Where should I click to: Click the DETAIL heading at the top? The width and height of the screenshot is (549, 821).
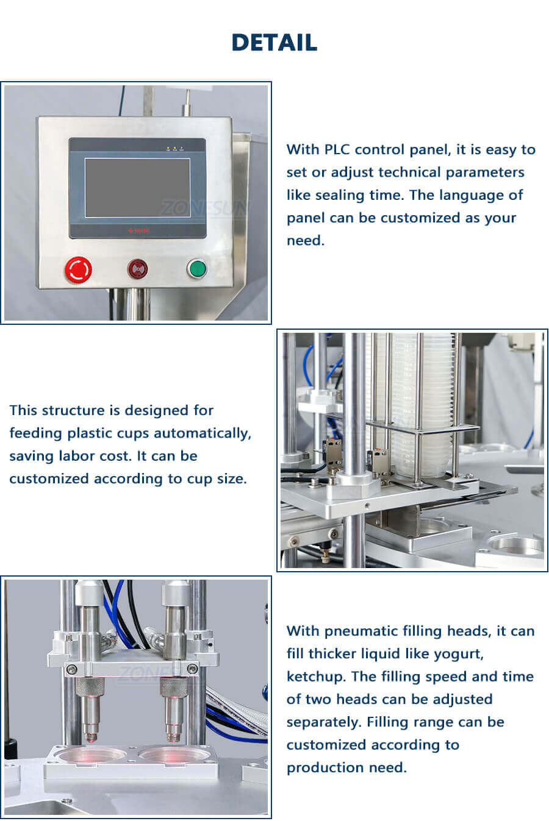tap(274, 42)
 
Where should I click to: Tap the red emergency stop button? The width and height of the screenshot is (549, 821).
tap(78, 269)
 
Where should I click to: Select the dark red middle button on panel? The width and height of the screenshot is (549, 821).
tap(138, 268)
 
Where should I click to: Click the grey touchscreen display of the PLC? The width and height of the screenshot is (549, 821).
tap(137, 188)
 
